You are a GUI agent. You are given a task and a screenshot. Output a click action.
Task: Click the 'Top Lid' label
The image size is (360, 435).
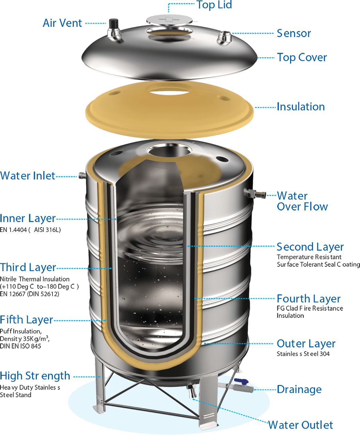[x=214, y=5]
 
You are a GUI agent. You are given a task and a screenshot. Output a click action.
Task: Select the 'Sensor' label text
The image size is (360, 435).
[x=294, y=33]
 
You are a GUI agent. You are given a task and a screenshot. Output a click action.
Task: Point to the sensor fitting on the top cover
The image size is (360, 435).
[x=224, y=37]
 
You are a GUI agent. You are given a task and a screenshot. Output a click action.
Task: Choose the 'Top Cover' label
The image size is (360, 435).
[x=302, y=58]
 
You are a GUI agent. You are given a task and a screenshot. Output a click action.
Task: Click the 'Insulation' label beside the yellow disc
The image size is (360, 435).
[x=301, y=107]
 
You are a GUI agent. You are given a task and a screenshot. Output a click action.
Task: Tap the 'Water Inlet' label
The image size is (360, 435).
[x=28, y=176]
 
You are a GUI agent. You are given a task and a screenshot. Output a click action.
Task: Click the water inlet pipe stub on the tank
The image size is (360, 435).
[x=82, y=175]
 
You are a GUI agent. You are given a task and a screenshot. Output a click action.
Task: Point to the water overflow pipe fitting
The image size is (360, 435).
[x=255, y=193]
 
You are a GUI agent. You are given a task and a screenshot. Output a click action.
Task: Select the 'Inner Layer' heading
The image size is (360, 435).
[x=28, y=219]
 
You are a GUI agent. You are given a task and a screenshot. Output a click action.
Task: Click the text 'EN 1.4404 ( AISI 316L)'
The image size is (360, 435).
[x=30, y=230]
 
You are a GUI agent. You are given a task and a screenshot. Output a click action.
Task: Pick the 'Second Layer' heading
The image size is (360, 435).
[x=310, y=247]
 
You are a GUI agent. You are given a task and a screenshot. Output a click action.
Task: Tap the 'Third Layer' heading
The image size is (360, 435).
[x=28, y=267]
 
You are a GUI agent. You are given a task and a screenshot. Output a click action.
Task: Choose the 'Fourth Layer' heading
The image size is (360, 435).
[x=309, y=299]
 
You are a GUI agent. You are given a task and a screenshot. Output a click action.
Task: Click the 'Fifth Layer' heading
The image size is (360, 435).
[x=27, y=320]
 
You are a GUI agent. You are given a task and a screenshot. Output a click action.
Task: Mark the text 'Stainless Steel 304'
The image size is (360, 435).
[x=303, y=354]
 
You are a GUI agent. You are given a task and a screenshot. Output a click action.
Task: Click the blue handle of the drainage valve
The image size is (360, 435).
[x=241, y=380]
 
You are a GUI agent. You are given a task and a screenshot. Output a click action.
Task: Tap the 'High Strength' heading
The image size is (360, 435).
[x=35, y=376]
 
